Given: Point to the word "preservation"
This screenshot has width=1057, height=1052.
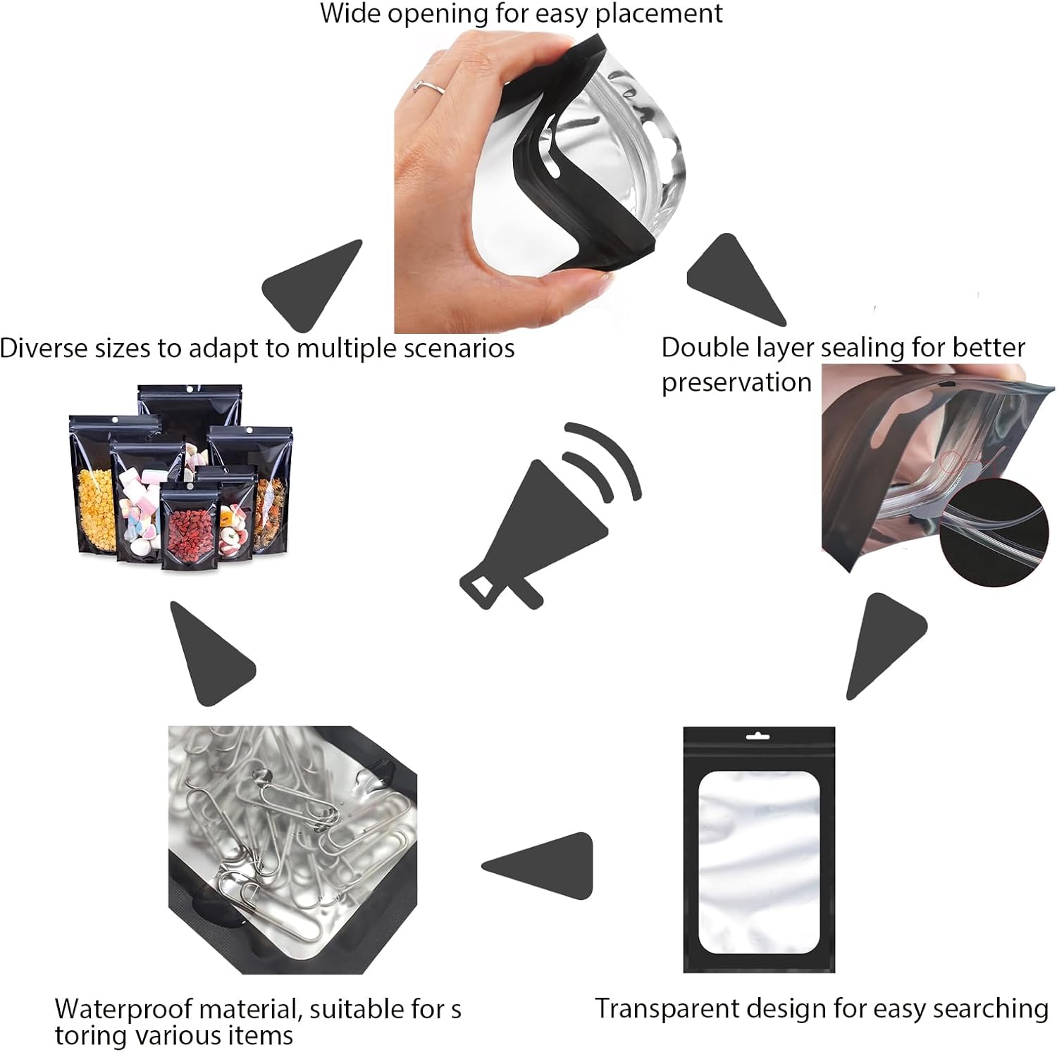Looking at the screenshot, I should pos(736,382).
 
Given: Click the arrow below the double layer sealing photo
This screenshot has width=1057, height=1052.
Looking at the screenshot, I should pos(884,644).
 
